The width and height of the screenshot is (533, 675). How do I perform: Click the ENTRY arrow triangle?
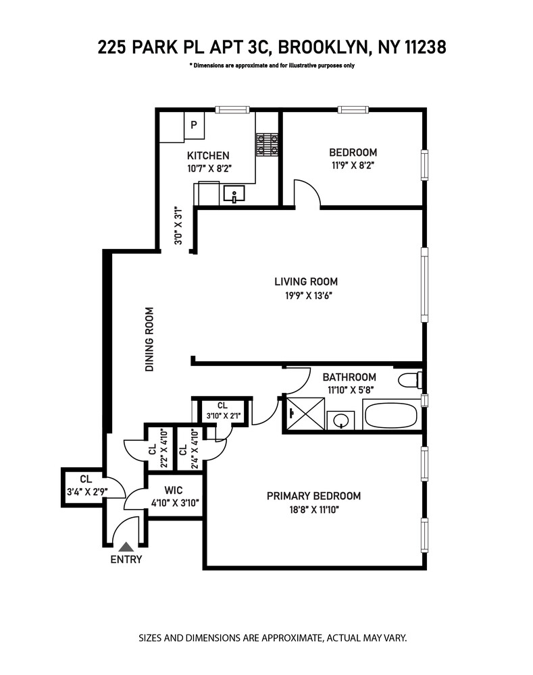click(126, 547)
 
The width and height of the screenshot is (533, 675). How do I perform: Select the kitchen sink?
click(234, 196)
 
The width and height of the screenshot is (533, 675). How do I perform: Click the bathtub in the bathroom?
click(391, 414)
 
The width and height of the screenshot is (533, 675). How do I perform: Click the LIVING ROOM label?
click(305, 281)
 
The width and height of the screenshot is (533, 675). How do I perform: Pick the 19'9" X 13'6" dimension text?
click(305, 295)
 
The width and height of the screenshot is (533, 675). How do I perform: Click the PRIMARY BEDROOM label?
click(313, 495)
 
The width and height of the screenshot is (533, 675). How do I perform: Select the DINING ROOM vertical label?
click(150, 340)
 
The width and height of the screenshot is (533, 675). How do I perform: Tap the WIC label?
click(174, 489)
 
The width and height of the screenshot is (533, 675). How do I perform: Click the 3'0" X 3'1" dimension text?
click(179, 225)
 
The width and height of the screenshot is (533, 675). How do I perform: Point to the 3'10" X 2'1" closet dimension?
click(223, 416)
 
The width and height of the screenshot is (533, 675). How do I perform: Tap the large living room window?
click(424, 285)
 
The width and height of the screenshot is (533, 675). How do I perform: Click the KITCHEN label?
click(208, 155)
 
